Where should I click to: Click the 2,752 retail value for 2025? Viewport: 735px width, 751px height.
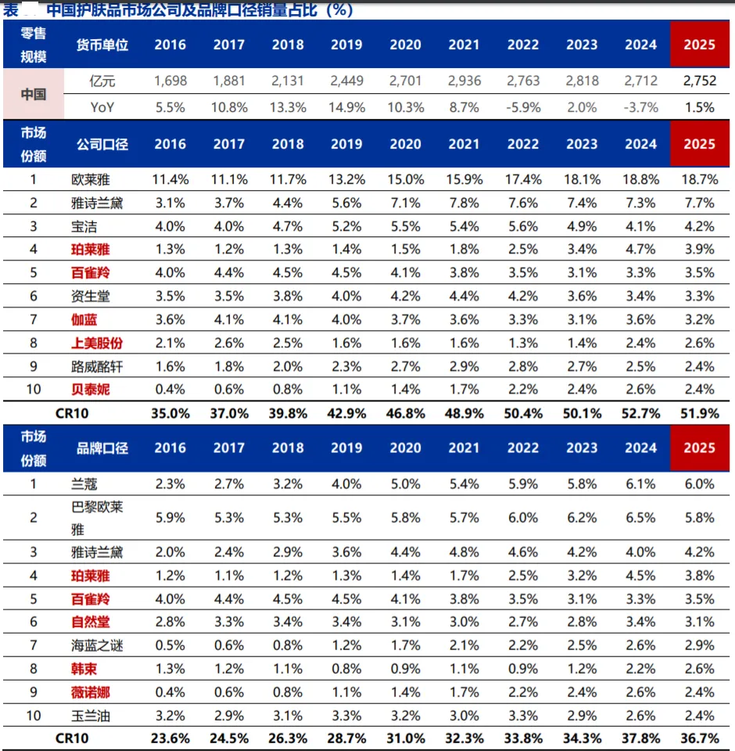(700, 81)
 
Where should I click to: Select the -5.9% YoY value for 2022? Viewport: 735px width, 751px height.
(523, 107)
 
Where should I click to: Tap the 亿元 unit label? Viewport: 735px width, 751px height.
(102, 81)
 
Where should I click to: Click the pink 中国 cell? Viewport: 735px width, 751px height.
(34, 94)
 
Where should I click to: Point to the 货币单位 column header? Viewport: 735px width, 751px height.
(102, 45)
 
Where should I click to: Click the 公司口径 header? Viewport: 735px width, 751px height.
(102, 144)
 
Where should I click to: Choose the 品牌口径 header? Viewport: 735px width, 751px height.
(102, 447)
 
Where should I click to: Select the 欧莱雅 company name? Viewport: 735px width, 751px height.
(91, 180)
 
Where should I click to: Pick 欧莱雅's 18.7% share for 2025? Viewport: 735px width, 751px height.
(700, 180)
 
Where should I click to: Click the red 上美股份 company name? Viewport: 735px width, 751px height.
(97, 343)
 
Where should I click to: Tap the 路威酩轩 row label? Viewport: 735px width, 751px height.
(97, 366)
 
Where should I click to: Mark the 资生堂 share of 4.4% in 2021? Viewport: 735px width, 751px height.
(464, 296)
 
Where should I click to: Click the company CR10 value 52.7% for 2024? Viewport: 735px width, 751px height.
(640, 413)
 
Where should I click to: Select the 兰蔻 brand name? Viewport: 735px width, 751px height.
(84, 483)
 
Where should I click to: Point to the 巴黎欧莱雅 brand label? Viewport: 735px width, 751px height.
(97, 518)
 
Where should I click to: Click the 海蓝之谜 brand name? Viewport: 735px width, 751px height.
(97, 645)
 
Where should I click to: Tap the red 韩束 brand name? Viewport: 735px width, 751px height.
(84, 669)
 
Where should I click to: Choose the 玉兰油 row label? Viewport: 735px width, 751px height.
(91, 716)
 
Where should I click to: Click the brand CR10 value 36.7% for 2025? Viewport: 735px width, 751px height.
(700, 738)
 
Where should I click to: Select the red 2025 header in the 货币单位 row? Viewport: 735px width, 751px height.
(700, 45)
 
